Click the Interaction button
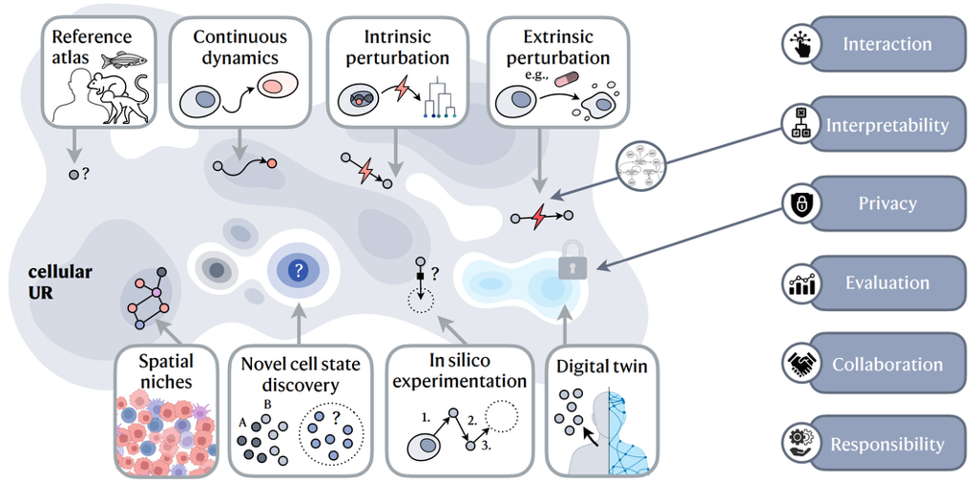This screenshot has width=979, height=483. pyautogui.click(x=886, y=44)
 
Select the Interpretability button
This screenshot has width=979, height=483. pyautogui.click(x=886, y=125)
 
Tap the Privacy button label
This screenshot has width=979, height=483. pyautogui.click(x=886, y=203)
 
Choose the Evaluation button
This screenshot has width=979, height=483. pyautogui.click(x=886, y=283)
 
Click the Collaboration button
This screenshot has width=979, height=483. pyautogui.click(x=886, y=365)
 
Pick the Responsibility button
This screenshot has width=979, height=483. pyautogui.click(x=886, y=444)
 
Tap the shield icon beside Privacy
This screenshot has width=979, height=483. pyautogui.click(x=798, y=203)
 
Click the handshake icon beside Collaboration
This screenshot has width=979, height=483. pyautogui.click(x=798, y=365)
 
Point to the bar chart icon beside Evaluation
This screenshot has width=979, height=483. pyautogui.click(x=798, y=283)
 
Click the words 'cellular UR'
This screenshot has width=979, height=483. pyautogui.click(x=60, y=283)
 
